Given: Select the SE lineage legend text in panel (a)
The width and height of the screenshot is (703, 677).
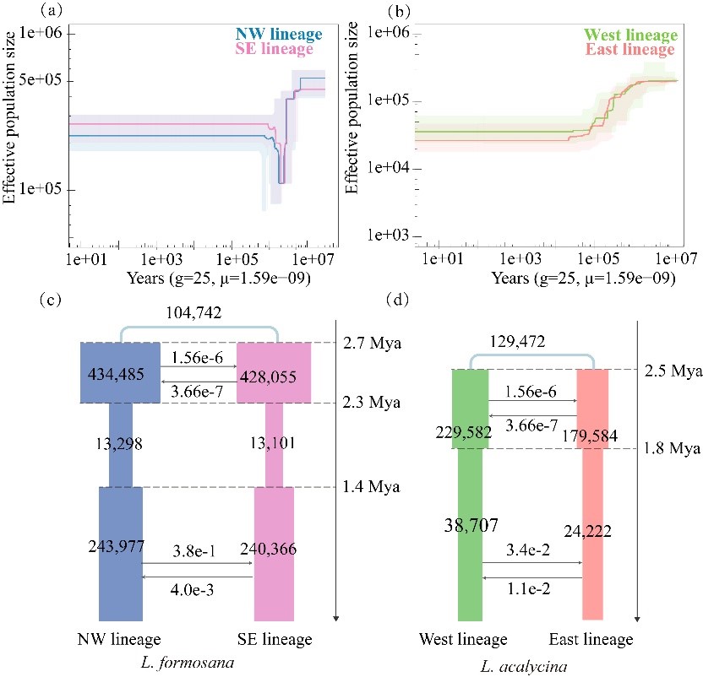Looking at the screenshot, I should pyautogui.click(x=281, y=50).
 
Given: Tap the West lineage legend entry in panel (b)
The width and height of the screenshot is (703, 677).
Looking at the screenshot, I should pyautogui.click(x=630, y=35).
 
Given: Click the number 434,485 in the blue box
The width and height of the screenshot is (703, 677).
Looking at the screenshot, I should pyautogui.click(x=119, y=373).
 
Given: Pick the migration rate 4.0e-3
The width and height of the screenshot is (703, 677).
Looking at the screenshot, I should pyautogui.click(x=196, y=588).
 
